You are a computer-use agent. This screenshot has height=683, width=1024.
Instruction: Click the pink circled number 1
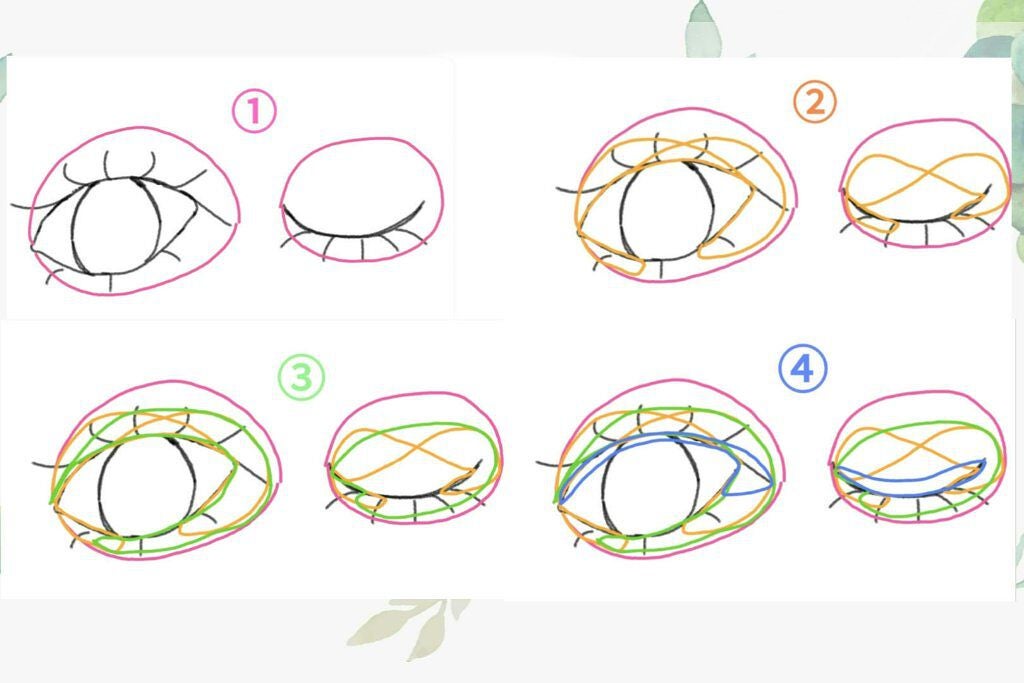(x=254, y=111)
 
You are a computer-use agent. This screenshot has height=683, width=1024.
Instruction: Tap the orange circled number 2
(x=814, y=103)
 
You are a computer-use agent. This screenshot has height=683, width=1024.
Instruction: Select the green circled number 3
(x=301, y=377)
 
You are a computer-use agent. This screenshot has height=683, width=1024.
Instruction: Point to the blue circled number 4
(x=803, y=369)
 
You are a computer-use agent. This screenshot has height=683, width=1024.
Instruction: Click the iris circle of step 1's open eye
(x=73, y=225)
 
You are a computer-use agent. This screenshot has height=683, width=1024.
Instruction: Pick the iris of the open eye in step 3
(x=100, y=486)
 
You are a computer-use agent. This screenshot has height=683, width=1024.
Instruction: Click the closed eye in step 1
(x=353, y=235)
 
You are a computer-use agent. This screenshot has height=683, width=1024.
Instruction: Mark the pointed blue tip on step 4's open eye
(x=772, y=484)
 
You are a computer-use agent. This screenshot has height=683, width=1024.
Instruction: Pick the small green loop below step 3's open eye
(x=108, y=544)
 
